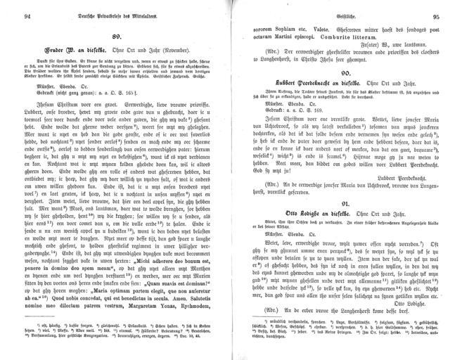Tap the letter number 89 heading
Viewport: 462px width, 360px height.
(118, 35)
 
